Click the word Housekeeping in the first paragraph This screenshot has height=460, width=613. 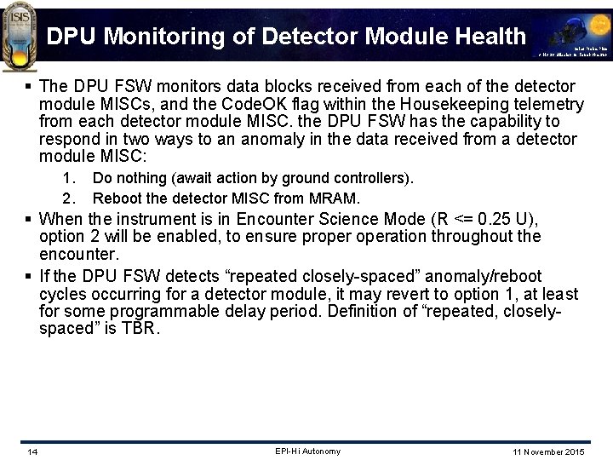[x=449, y=104]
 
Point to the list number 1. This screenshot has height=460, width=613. [x=71, y=179]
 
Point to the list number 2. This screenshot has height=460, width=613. [x=71, y=198]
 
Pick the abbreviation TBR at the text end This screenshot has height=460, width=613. [x=140, y=328]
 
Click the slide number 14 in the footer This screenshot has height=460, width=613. [x=32, y=451]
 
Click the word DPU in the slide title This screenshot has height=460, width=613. [x=71, y=36]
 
